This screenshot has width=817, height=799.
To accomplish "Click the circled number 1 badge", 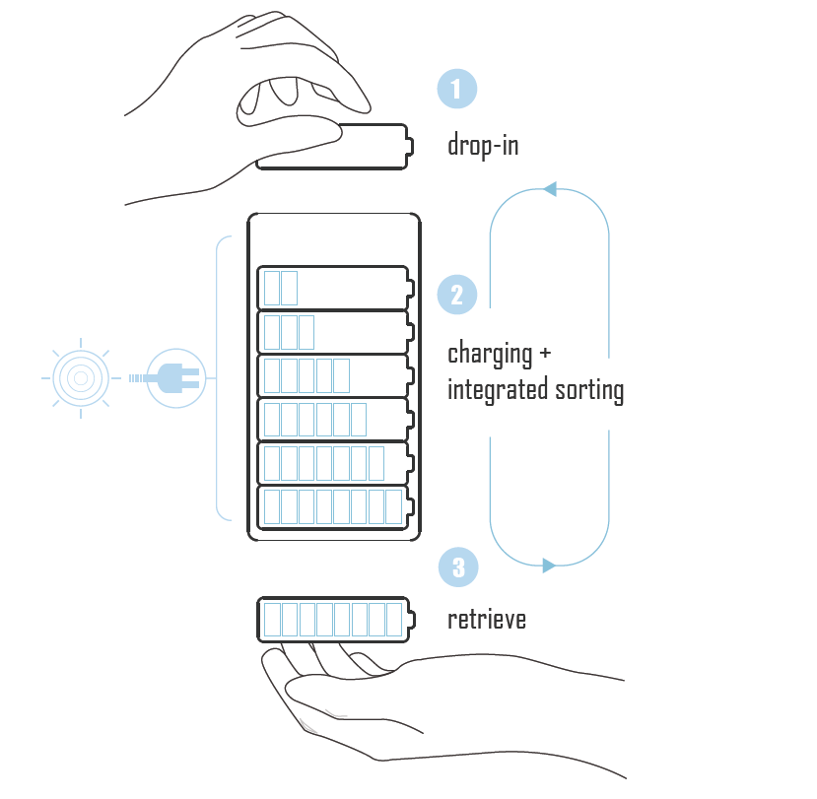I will click(456, 90).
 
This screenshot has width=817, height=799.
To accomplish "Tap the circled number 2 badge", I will click(456, 295).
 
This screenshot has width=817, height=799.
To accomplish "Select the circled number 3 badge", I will click(456, 567).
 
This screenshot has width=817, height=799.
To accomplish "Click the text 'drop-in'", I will click(483, 147).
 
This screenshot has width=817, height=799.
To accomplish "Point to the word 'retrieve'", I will click(487, 620).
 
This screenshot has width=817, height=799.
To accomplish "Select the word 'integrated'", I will click(488, 391).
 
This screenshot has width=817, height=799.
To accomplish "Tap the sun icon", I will click(81, 376).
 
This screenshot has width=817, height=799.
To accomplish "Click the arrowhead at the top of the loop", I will click(549, 188).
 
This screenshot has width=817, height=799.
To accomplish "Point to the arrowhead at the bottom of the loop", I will click(549, 566).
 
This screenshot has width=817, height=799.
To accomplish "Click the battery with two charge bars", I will click(335, 288).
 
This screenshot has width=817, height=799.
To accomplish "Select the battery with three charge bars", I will click(335, 332).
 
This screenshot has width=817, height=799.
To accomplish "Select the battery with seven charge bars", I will click(335, 462).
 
